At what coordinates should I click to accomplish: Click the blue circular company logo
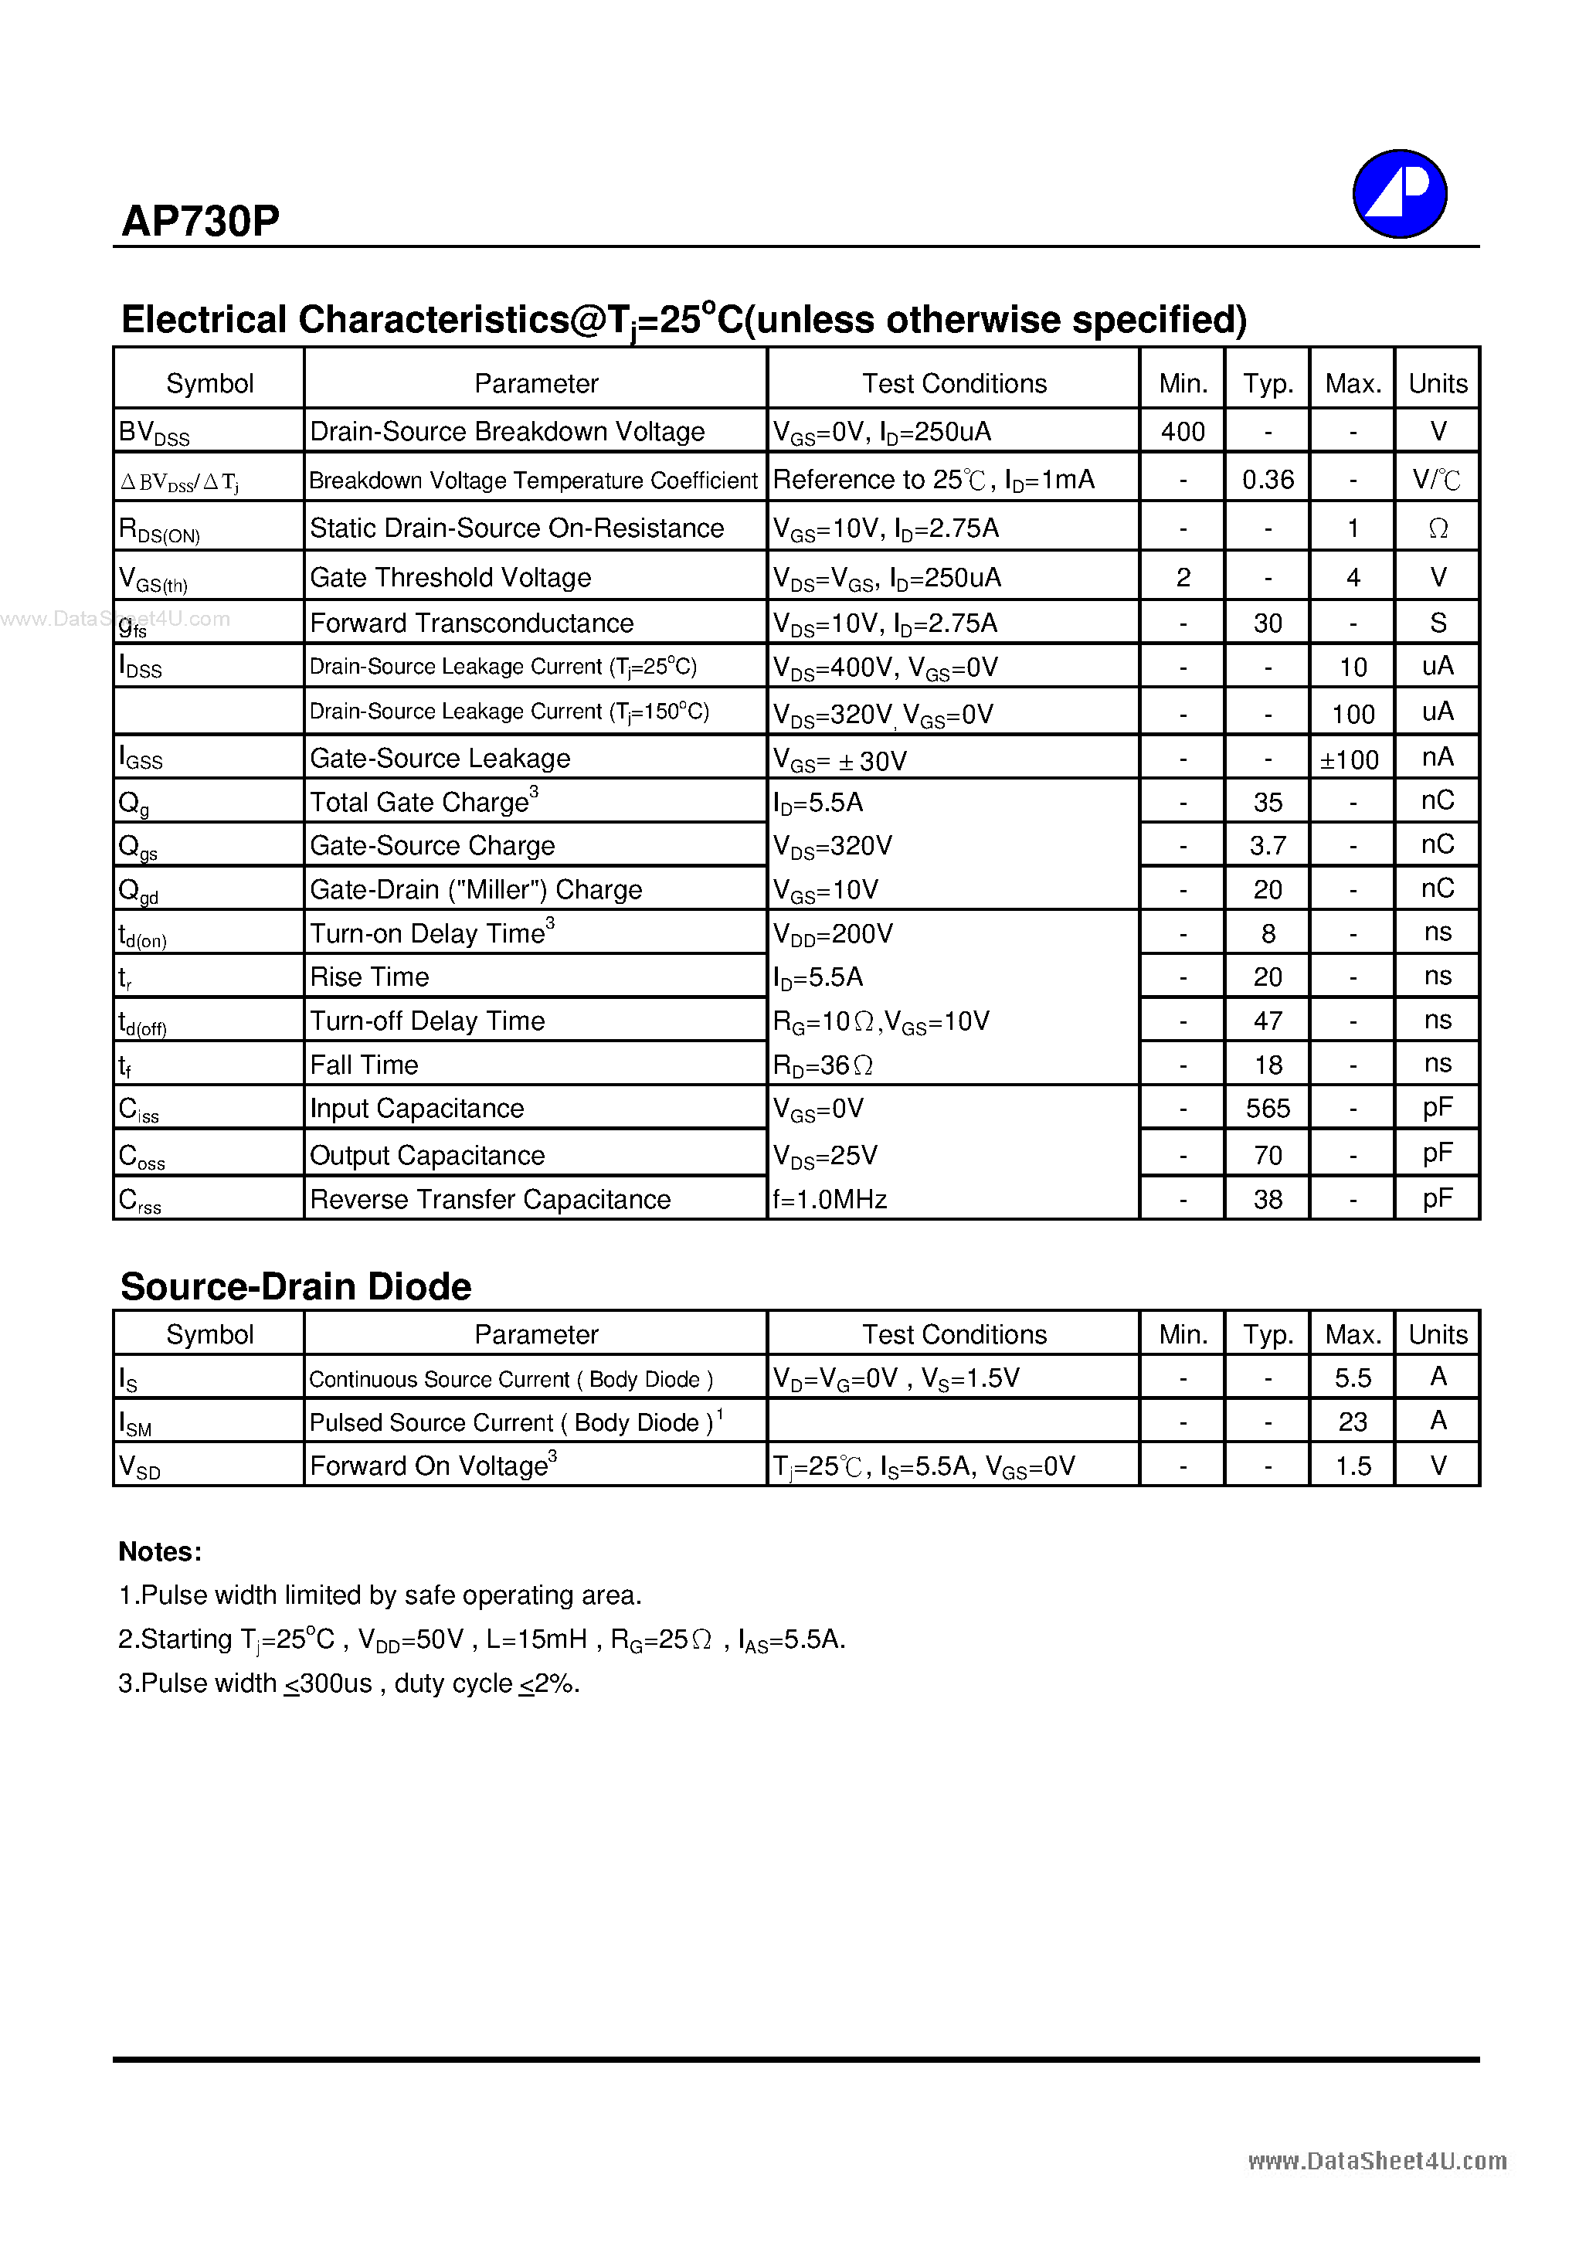(x=1398, y=194)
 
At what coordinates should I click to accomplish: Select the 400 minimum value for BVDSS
(x=1182, y=432)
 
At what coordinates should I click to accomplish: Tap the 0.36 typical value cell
(x=1268, y=480)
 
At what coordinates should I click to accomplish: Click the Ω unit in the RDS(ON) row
(x=1437, y=529)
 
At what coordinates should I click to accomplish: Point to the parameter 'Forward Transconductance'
(x=471, y=623)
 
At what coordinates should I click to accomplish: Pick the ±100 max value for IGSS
(x=1350, y=760)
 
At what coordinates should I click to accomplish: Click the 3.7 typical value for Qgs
(x=1268, y=846)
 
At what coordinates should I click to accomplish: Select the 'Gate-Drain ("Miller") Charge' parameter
(x=475, y=891)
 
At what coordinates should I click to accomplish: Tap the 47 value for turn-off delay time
(x=1268, y=1021)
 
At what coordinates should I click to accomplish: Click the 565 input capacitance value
(x=1268, y=1109)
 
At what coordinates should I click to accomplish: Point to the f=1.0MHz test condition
(x=830, y=1199)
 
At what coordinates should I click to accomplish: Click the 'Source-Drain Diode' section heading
(x=295, y=1287)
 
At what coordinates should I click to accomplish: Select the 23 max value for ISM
(x=1352, y=1423)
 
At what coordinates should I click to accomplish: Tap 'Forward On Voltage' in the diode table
(x=429, y=1466)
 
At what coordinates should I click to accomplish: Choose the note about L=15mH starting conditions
(x=481, y=1640)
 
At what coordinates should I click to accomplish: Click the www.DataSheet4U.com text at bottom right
(x=1377, y=2162)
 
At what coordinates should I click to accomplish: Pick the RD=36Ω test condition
(x=823, y=1065)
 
